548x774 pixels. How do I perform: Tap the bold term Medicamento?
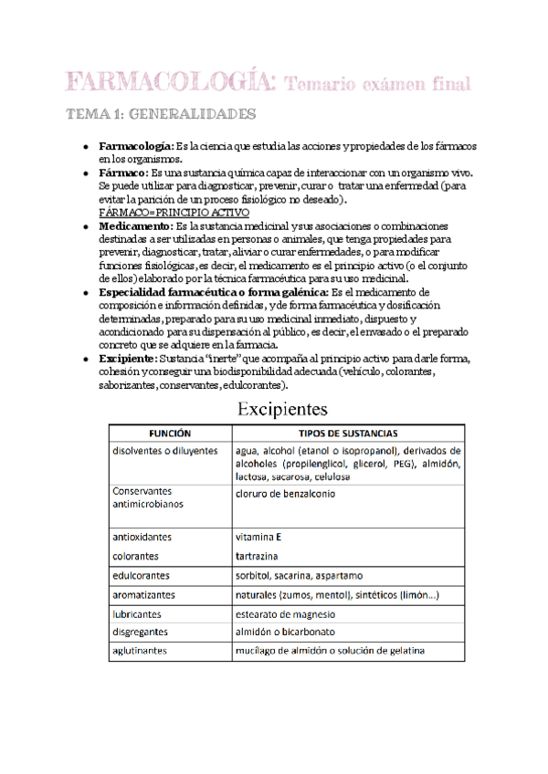point(134,225)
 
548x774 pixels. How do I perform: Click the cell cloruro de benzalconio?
point(284,494)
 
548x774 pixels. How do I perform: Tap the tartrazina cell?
point(257,556)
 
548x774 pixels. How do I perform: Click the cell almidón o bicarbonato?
point(285,632)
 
